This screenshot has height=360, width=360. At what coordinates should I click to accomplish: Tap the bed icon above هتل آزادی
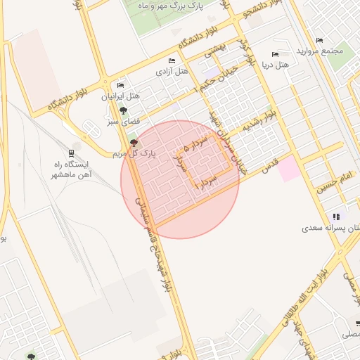[x=172, y=61]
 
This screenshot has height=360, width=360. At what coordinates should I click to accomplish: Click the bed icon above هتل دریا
[x=275, y=54]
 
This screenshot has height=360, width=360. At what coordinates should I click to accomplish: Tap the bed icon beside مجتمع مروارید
[x=320, y=40]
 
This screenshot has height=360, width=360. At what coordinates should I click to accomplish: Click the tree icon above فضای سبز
[x=123, y=111]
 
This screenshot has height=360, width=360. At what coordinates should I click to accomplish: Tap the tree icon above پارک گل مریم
[x=134, y=143]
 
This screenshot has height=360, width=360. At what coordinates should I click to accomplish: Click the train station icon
[x=72, y=153]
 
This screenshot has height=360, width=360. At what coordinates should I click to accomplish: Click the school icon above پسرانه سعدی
[x=336, y=217]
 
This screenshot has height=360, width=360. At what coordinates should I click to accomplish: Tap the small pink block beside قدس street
[x=288, y=169]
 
